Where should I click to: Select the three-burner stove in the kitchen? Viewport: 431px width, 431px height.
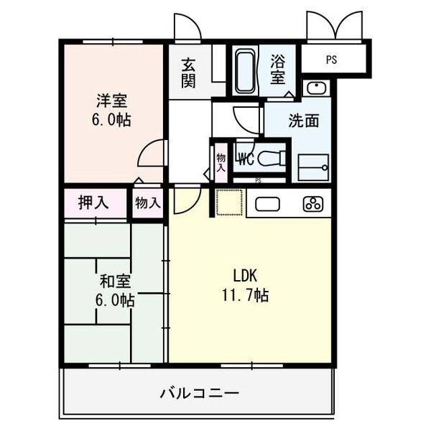[313, 203]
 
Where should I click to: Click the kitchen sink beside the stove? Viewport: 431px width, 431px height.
[267, 203]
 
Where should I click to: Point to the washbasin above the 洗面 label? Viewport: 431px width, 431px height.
[315, 89]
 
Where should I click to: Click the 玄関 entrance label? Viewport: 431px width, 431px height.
[188, 72]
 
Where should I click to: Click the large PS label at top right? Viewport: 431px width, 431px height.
[330, 60]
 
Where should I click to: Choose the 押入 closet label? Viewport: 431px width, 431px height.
[93, 203]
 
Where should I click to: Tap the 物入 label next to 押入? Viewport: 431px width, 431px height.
[147, 203]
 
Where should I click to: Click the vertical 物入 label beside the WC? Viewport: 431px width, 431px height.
[220, 162]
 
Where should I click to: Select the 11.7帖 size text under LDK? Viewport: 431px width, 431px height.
[250, 295]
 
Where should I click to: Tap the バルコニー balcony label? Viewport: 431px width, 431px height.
[199, 393]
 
